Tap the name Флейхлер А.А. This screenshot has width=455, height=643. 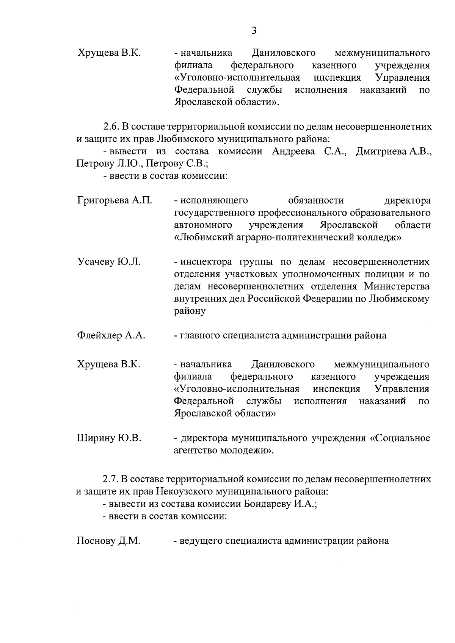tap(111, 335)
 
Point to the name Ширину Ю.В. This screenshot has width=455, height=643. tap(109, 438)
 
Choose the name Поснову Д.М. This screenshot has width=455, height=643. tap(108, 541)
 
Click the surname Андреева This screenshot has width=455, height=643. tap(293, 152)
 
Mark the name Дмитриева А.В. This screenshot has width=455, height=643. tap(394, 152)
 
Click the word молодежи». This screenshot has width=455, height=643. tap(250, 451)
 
